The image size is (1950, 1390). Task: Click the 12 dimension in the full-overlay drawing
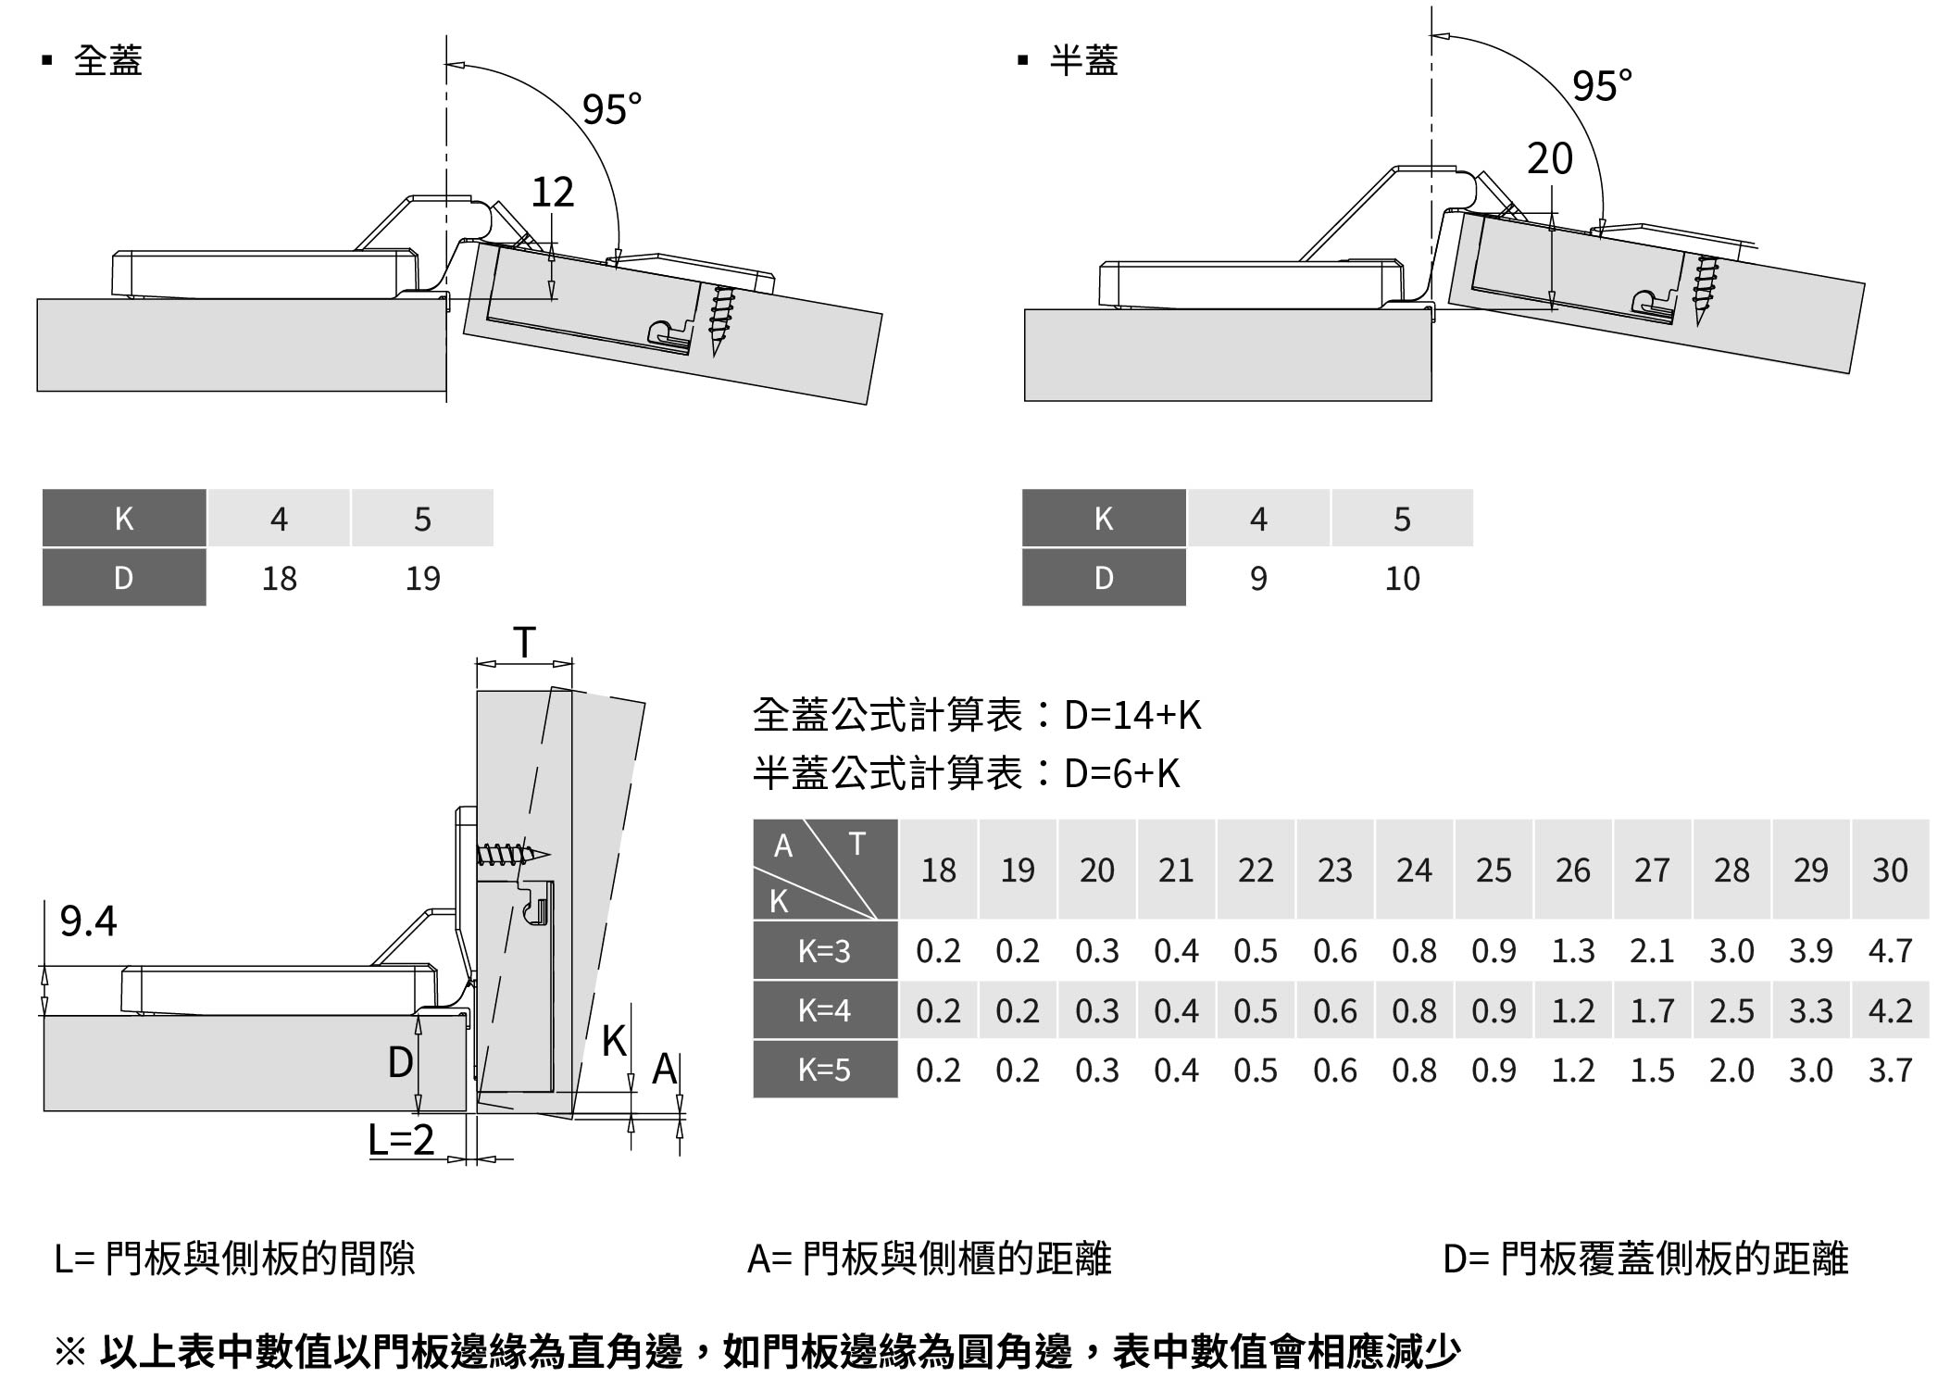coord(553,192)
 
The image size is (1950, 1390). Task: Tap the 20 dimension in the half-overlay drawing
coord(1549,158)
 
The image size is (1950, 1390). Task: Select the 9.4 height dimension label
coord(89,920)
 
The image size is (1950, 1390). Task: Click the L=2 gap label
coord(401,1139)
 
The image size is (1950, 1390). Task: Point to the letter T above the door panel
coord(524,642)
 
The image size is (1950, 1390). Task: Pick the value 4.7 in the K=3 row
coord(1890,950)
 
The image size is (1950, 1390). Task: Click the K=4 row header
coord(824,1010)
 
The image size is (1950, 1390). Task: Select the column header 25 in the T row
coord(1494,870)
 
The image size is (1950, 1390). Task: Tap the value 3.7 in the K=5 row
coord(1890,1070)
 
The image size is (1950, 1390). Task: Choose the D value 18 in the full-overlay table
coord(279,578)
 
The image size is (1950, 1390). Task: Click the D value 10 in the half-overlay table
coord(1402,578)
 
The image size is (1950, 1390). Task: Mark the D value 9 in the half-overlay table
coord(1258,578)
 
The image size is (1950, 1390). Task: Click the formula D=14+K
coord(1131,715)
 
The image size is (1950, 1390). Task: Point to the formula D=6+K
coord(1122,773)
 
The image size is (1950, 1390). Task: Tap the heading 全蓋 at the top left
coord(107,60)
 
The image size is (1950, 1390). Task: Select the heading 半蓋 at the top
coord(1083,60)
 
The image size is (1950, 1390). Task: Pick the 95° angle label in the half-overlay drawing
coord(1602,85)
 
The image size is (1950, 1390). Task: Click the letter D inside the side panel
coord(400,1062)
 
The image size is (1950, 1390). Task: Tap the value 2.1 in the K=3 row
coord(1652,950)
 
